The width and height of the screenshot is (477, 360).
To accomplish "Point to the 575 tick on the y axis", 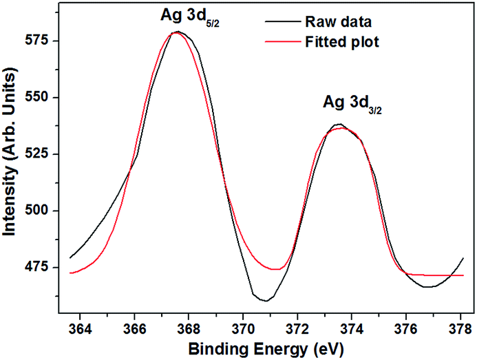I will click(x=48, y=41).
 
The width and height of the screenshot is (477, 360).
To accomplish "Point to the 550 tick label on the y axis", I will click(x=48, y=97).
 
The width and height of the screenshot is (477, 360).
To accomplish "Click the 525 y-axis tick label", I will click(x=48, y=153).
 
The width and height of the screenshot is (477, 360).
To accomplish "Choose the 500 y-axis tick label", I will click(x=48, y=211).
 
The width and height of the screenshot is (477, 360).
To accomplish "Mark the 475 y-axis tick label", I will click(x=48, y=267).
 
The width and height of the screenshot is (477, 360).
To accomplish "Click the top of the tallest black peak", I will click(x=178, y=32).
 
